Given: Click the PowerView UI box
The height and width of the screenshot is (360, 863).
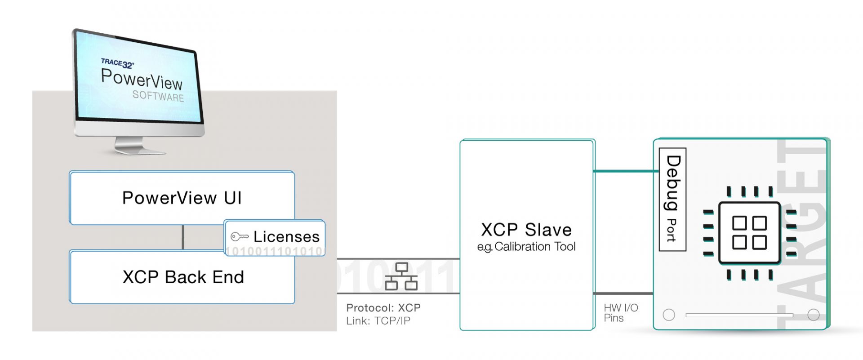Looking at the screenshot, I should tap(182, 198).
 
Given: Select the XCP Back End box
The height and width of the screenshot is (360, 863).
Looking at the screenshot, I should tap(182, 277).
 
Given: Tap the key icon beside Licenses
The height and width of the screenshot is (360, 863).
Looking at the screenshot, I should tap(239, 236).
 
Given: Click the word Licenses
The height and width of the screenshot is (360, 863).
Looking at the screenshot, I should tap(286, 236).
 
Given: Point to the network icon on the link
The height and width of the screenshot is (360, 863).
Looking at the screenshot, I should tap(401, 276).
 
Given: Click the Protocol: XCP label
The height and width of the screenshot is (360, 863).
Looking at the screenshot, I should tap(383, 308).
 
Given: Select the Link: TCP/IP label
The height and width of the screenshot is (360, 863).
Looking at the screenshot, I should tap(378, 321).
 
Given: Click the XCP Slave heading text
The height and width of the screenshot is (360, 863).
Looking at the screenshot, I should tap(526, 230).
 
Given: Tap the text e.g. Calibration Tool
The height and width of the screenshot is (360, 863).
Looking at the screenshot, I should tap(526, 247).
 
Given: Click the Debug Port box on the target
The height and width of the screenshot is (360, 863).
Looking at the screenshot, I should tap(672, 199).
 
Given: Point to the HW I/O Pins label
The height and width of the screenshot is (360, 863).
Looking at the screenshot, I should tap(620, 313).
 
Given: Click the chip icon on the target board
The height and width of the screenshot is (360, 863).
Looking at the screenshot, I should tap(749, 232).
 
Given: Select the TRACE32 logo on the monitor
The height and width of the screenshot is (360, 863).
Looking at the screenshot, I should tap(117, 63).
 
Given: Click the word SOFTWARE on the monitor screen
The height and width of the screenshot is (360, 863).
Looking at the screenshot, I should tap(158, 96).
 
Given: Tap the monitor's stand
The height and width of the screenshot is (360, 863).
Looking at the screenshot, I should tap(135, 145).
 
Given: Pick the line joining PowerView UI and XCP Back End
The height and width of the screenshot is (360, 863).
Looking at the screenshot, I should tap(182, 237).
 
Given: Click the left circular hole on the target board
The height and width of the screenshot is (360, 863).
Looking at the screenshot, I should tap(669, 315).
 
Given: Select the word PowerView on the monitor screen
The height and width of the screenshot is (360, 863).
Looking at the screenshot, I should tap(142, 80).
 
